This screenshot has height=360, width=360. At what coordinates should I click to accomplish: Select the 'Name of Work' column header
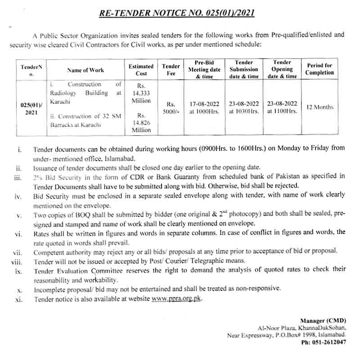85,70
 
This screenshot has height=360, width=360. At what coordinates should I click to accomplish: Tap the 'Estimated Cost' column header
141,70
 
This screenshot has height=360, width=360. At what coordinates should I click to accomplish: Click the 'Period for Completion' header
319,69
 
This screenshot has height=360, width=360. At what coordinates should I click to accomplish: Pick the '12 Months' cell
319,107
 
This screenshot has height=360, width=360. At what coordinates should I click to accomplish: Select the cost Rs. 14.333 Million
141,93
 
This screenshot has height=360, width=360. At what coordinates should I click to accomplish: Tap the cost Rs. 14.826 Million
141,123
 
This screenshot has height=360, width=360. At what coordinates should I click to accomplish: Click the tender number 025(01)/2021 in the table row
31,108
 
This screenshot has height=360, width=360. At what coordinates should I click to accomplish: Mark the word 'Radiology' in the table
65,93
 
